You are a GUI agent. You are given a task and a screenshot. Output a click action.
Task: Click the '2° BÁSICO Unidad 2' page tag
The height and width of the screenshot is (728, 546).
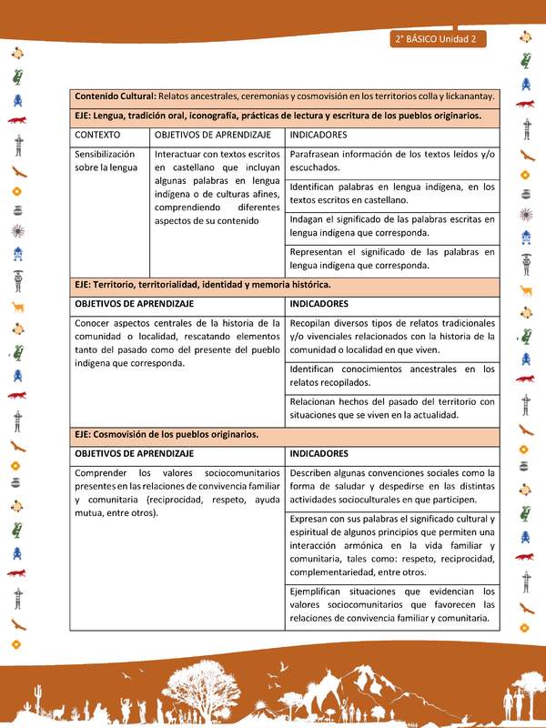click(439, 39)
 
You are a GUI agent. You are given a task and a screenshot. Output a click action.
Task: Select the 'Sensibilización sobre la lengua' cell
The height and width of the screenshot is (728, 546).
click(106, 161)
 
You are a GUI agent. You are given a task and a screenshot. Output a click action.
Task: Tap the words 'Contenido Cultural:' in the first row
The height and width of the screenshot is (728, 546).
click(115, 96)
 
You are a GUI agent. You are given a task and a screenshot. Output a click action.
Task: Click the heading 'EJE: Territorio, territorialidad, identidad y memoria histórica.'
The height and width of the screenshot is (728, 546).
click(202, 285)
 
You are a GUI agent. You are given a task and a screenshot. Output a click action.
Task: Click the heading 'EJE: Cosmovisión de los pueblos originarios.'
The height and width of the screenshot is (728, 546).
click(167, 434)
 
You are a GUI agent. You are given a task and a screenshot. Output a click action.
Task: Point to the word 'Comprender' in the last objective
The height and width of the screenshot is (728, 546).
click(103, 473)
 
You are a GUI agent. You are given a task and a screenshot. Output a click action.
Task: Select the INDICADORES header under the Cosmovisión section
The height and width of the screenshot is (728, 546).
click(318, 453)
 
